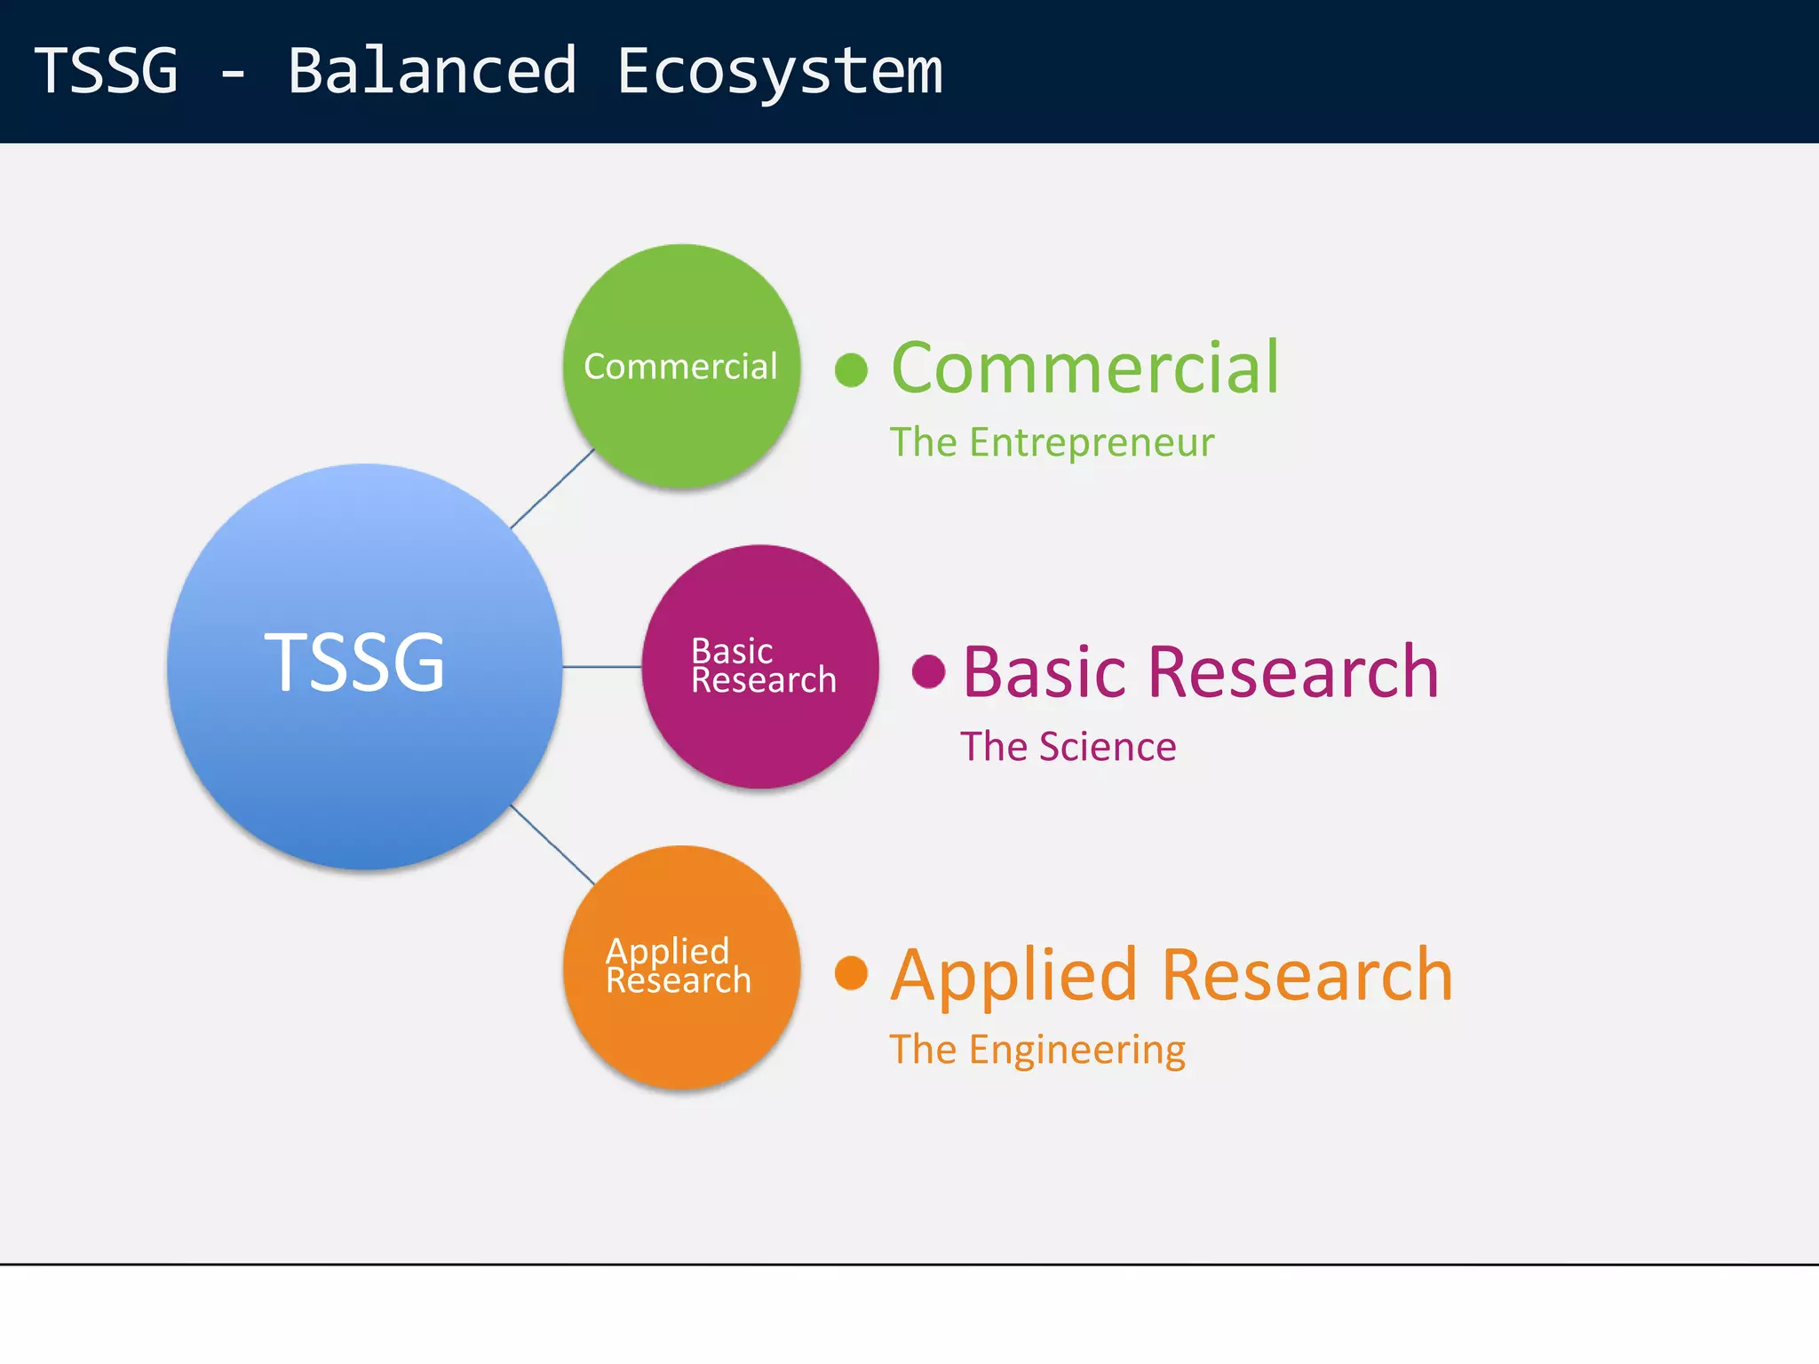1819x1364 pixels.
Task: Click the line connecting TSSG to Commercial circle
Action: point(552,488)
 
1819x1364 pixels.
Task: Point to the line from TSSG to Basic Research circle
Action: point(602,666)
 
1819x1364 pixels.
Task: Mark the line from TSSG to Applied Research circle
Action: point(552,845)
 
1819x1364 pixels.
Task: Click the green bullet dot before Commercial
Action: point(851,370)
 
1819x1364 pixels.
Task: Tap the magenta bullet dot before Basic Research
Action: point(928,671)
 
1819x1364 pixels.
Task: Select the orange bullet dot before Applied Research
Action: point(851,972)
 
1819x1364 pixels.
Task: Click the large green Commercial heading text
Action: point(1084,368)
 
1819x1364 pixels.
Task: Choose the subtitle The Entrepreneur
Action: point(1052,442)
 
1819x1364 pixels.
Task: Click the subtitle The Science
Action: point(1068,747)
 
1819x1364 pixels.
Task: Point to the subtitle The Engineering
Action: point(1037,1050)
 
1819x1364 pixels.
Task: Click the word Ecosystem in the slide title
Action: point(779,71)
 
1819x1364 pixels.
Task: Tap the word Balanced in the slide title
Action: point(433,71)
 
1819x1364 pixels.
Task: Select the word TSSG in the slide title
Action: point(107,71)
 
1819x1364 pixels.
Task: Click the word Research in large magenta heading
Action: point(1292,672)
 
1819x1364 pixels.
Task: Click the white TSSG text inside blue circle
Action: point(354,662)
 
